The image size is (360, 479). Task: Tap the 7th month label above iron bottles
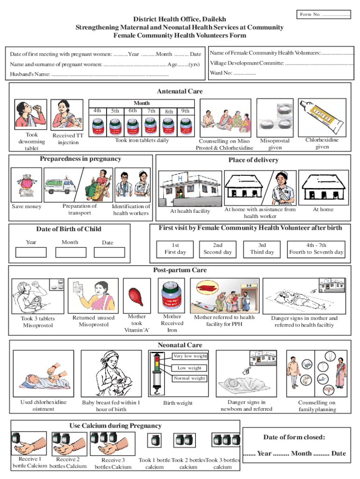click(151, 111)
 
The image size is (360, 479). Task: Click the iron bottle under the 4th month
click(97, 127)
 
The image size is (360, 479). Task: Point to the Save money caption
click(27, 207)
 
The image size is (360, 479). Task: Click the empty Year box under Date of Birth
click(31, 252)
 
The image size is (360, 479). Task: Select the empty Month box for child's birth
click(70, 252)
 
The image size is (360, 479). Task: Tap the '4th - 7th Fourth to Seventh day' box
click(316, 248)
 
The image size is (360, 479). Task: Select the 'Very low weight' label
click(190, 356)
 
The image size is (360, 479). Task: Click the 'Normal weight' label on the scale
click(189, 378)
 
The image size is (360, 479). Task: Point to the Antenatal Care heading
click(180, 91)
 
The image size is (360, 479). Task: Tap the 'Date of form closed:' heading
click(294, 437)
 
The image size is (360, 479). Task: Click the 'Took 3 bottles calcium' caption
click(223, 463)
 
